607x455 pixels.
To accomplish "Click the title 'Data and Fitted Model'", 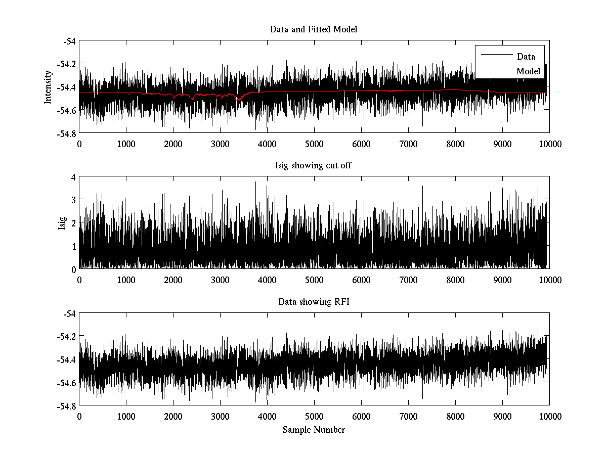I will (314, 29).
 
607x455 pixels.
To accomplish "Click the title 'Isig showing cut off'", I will (314, 166).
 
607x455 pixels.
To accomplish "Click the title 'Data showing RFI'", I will (314, 302).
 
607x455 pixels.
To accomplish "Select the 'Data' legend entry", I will (526, 57).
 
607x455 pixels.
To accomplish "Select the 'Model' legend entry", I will (528, 71).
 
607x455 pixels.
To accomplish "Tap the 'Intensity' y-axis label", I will (48, 87).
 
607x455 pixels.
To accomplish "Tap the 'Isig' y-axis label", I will (62, 223).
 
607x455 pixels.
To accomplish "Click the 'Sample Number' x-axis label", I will (314, 430).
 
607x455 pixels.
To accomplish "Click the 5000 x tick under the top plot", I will (314, 144).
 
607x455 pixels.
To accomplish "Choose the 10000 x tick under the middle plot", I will (549, 280).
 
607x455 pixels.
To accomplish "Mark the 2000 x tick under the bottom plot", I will (173, 416).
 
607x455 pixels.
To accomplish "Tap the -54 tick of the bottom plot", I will (69, 314).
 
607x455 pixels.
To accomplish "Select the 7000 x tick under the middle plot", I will (408, 280).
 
